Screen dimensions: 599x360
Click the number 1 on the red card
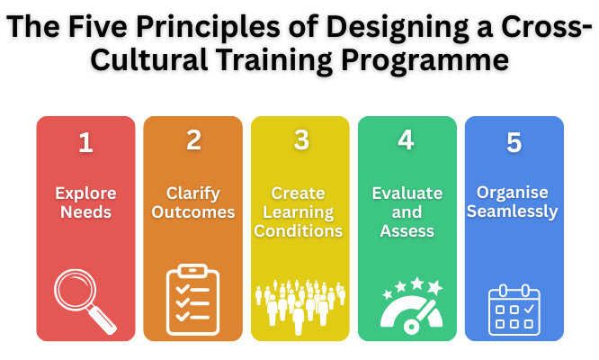(86, 142)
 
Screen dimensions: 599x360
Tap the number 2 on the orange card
(193, 139)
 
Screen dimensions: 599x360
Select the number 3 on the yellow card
(301, 139)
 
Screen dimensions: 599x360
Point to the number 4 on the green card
(406, 139)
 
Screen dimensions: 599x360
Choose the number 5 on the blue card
(514, 142)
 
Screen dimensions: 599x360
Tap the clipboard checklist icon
(192, 300)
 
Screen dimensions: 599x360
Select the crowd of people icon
(299, 307)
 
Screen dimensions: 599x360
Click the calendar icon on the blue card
(514, 310)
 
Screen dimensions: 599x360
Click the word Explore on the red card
(85, 193)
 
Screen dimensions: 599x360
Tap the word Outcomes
(192, 212)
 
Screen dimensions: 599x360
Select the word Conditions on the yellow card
(299, 230)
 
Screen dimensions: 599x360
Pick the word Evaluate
(407, 193)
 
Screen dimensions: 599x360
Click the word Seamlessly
(513, 211)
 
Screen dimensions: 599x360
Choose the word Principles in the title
(208, 27)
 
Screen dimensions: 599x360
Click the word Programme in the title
(425, 60)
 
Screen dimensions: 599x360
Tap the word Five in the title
(97, 27)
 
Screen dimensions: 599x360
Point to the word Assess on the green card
(407, 230)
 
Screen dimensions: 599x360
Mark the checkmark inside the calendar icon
(529, 309)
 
